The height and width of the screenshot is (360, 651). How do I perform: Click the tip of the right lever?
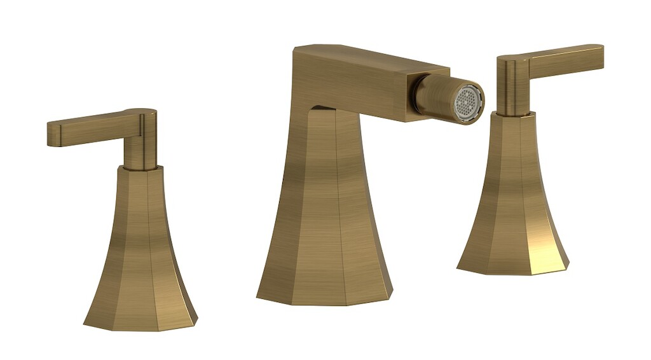pos(599,56)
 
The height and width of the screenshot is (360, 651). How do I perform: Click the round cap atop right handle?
pos(512,60)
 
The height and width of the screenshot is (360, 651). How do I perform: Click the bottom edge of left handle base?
pos(140,327)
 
